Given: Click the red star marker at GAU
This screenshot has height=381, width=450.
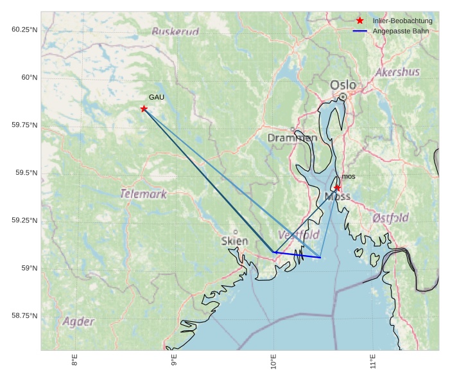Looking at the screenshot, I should (144, 109).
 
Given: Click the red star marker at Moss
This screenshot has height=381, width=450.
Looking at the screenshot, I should (338, 188).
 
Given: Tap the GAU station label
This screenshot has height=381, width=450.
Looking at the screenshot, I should (157, 97).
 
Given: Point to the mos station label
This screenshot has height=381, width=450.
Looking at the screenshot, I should (349, 176).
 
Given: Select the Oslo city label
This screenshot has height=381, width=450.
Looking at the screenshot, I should (343, 85).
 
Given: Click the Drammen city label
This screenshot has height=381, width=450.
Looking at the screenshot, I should (292, 138).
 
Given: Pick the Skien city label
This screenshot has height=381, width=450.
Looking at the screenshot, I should (234, 241).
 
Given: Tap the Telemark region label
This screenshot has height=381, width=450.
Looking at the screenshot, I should (143, 193).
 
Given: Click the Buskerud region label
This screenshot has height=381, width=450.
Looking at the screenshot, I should (175, 31).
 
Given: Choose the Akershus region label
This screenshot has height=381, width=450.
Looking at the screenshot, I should (397, 72).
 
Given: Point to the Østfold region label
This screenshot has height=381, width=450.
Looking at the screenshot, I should (390, 218).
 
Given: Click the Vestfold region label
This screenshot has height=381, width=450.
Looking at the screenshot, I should (299, 235).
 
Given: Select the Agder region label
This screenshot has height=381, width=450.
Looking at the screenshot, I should (78, 321).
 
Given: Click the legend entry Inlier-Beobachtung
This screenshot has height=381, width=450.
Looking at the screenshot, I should (402, 21).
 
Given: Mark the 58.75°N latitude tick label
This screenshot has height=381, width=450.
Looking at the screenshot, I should (24, 315).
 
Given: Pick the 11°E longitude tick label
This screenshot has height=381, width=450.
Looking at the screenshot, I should (373, 362).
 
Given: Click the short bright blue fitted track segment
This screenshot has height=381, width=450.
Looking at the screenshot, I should (297, 255).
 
